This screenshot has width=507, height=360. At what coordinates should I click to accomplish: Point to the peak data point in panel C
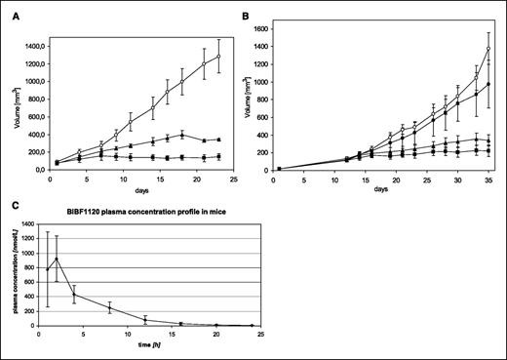click(x=55, y=259)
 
